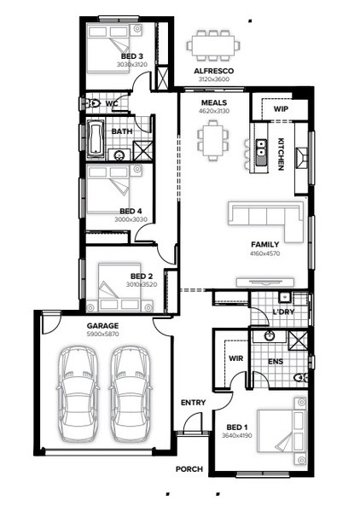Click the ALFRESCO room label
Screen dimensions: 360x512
214,71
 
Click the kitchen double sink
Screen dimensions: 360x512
261,152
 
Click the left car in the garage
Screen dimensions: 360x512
78,394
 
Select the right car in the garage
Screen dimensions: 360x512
131,394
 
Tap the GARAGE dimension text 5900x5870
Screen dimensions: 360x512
103,334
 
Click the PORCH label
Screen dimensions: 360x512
189,468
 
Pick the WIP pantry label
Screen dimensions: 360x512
281,109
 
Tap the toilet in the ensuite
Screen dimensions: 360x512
300,378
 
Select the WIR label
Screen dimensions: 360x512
235,358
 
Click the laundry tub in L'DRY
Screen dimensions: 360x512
285,298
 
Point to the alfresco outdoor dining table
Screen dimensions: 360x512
213,45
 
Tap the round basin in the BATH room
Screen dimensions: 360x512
119,155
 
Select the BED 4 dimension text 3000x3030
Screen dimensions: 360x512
131,219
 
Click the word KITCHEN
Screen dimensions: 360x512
281,154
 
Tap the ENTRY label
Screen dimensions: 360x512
193,403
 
